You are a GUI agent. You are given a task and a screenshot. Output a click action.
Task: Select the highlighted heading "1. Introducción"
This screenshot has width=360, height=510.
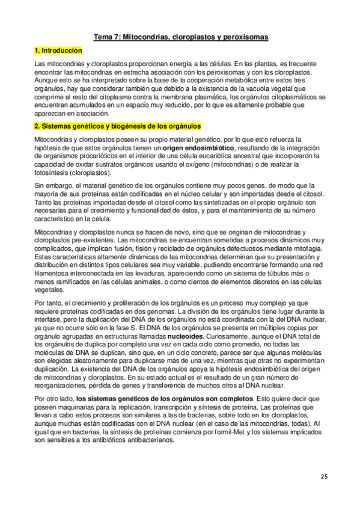point(58,52)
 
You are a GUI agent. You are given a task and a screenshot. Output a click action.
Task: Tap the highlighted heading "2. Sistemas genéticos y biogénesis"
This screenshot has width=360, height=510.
point(118,126)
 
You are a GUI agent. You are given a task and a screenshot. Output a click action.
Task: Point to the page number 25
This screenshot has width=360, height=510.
point(324,477)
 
